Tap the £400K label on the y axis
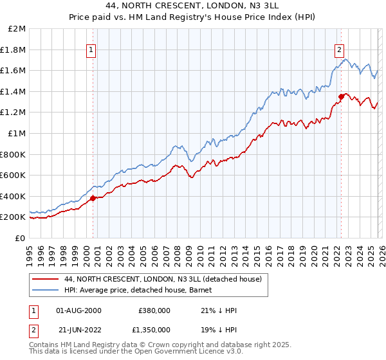(x=14, y=196)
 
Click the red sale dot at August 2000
(x=93, y=198)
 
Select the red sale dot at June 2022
(x=340, y=97)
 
